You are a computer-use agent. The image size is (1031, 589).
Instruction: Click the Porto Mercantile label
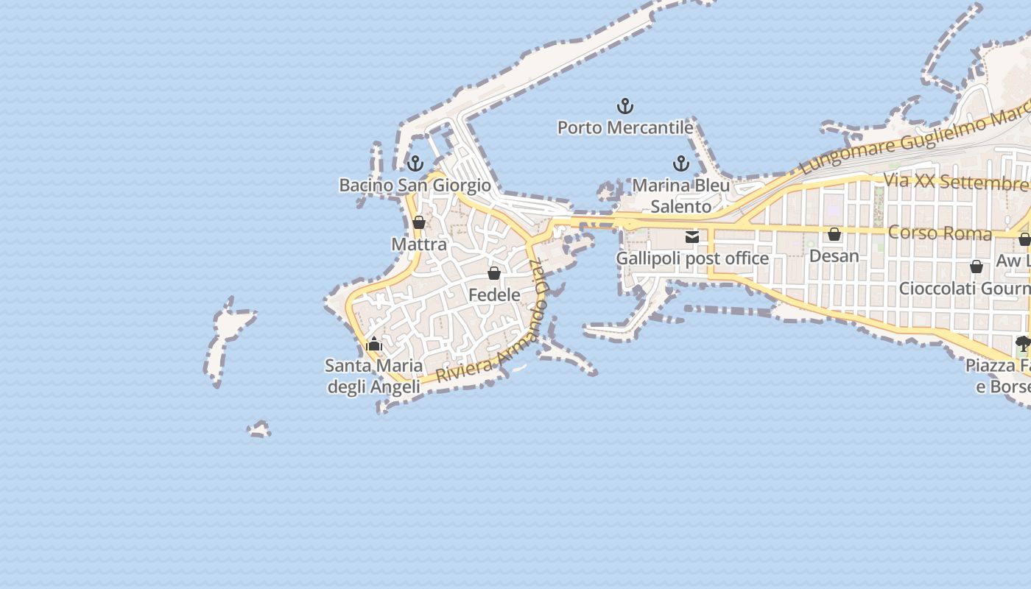coord(625,127)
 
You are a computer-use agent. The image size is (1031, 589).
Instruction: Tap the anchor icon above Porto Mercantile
coord(625,107)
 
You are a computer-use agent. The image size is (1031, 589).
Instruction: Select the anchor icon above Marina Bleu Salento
coord(680,163)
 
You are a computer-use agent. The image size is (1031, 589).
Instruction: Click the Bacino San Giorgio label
coord(415,185)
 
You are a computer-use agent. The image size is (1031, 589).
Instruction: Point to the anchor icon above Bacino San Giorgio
coord(415,163)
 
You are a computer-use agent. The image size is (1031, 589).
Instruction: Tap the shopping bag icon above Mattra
coord(419,222)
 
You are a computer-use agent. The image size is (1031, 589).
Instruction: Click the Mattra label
coord(419,244)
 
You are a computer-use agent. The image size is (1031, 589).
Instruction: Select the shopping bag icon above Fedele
coord(494,273)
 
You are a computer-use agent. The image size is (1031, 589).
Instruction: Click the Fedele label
coord(494,294)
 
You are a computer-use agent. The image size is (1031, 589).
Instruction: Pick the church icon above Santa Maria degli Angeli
coord(374,344)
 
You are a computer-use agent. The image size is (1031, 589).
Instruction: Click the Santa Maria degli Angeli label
coord(374,375)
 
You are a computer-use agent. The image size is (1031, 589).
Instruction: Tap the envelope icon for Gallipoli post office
coord(692,237)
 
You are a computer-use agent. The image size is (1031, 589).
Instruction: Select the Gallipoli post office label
coord(692,258)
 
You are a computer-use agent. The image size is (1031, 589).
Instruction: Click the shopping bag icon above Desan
coord(834,235)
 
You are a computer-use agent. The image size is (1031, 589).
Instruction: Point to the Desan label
coord(834,255)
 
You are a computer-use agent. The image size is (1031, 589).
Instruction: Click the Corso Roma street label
coord(940,233)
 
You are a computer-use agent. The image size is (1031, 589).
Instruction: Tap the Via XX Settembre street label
coord(956,181)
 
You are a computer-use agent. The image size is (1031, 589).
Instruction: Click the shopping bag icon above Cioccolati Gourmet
coord(977,267)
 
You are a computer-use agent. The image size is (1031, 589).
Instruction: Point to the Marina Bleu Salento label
coord(681,195)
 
